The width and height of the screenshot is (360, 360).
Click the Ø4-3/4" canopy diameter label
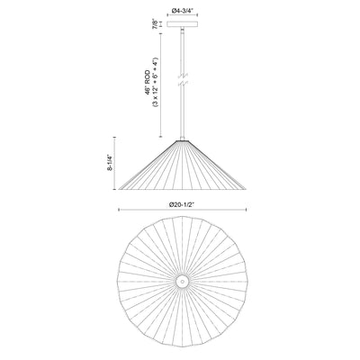[x=183, y=11]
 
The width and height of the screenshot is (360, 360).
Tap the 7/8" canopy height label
[x=155, y=23]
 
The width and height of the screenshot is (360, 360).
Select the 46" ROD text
[x=148, y=83]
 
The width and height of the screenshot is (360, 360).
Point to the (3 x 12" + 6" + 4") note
[x=155, y=82]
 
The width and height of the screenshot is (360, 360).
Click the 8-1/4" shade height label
[x=111, y=163]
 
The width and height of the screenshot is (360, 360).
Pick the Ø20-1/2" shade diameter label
[x=182, y=205]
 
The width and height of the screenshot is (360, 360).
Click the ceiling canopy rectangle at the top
[x=183, y=24]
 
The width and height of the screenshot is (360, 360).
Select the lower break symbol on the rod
[x=183, y=84]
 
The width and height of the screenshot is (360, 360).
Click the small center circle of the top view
[x=183, y=282]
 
